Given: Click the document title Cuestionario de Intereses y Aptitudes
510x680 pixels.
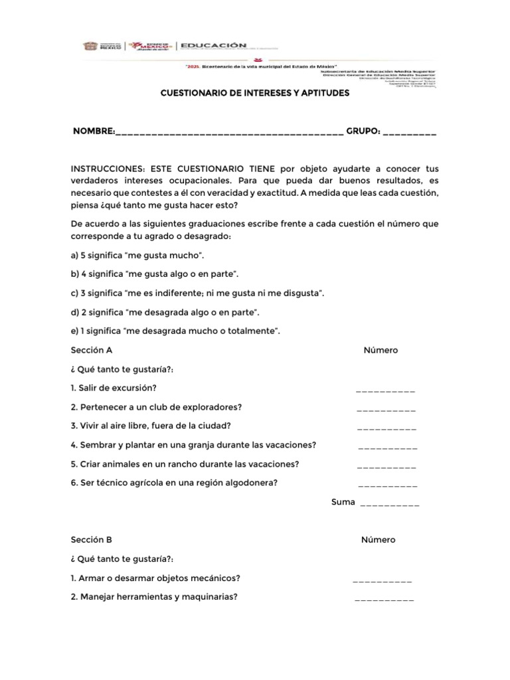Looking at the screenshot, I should click(x=255, y=94).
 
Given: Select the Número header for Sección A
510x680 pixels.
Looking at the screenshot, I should click(x=381, y=350).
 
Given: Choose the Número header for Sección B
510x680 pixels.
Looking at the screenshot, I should click(x=379, y=540).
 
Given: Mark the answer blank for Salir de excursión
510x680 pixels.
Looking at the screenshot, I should click(x=386, y=391).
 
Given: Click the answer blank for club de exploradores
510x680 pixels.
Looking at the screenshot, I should click(x=386, y=410).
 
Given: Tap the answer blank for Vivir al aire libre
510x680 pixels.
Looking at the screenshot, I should click(x=386, y=429).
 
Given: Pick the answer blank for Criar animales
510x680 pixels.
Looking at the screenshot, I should click(x=386, y=467).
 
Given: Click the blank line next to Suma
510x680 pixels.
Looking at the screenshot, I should click(x=389, y=505).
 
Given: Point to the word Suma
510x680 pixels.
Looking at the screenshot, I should click(x=343, y=502).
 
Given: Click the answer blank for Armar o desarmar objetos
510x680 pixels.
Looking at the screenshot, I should click(x=382, y=580).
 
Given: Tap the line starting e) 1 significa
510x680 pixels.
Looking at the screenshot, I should click(x=176, y=331).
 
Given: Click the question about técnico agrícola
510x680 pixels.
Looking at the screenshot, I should click(x=173, y=483).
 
